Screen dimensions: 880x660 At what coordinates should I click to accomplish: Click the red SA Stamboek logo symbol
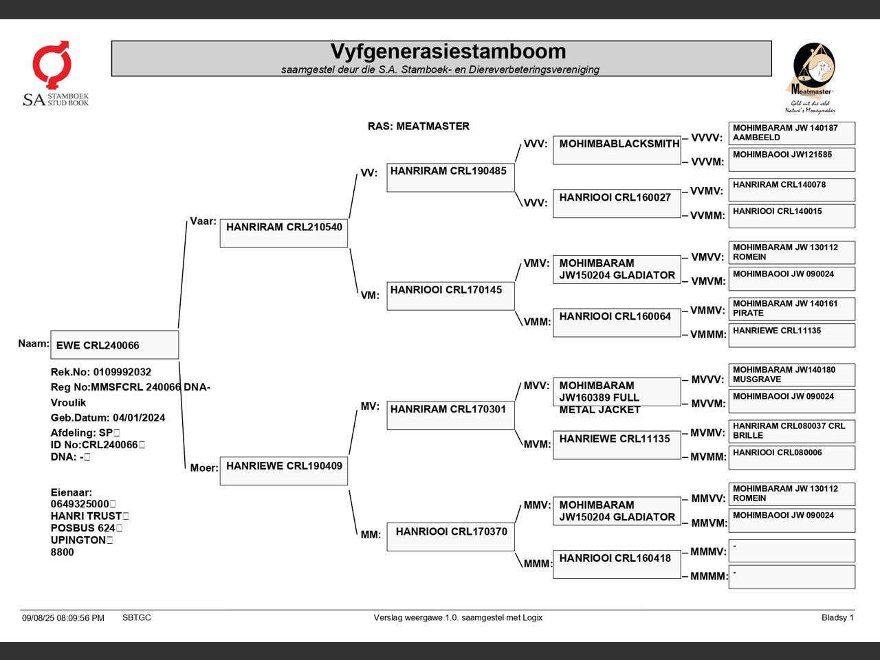(x=52, y=64)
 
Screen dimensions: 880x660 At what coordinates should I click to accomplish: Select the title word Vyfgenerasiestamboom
(x=448, y=52)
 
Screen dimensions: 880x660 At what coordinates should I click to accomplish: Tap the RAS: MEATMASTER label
(x=419, y=126)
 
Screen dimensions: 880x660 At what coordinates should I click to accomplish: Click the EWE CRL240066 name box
(x=115, y=344)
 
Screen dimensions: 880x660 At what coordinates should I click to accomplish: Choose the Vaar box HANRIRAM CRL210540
(x=284, y=233)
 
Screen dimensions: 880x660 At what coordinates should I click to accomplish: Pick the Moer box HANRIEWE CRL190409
(x=284, y=471)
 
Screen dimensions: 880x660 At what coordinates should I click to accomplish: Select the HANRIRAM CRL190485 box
(x=450, y=177)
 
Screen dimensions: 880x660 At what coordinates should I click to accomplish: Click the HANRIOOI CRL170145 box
(x=450, y=296)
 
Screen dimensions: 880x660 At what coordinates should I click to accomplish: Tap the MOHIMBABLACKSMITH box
(x=617, y=151)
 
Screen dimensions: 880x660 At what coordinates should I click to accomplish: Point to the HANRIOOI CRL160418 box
(x=617, y=564)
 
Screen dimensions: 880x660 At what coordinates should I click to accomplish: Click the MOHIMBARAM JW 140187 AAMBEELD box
(x=792, y=133)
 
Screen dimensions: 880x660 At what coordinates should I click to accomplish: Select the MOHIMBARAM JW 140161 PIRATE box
(x=792, y=309)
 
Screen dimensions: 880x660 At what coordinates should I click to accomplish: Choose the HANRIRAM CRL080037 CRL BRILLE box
(x=792, y=431)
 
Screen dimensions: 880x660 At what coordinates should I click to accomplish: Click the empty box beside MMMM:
(x=792, y=577)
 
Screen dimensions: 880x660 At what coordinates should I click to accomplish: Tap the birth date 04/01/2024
(x=139, y=418)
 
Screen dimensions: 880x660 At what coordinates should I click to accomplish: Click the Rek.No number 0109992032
(x=122, y=372)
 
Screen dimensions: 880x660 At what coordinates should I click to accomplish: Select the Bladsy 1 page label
(x=837, y=617)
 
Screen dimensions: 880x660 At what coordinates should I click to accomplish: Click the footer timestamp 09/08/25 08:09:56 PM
(x=63, y=618)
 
